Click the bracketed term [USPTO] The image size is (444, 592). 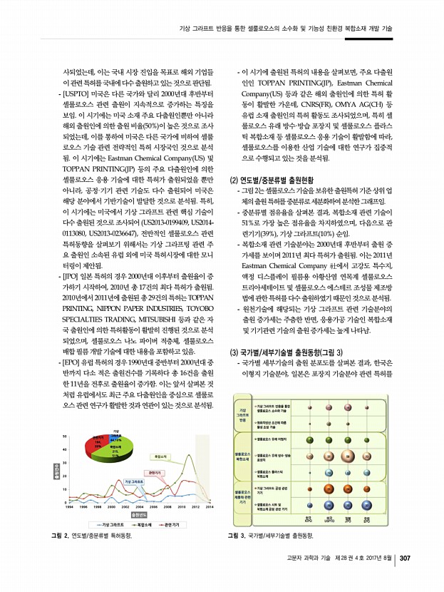pos(77,93)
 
